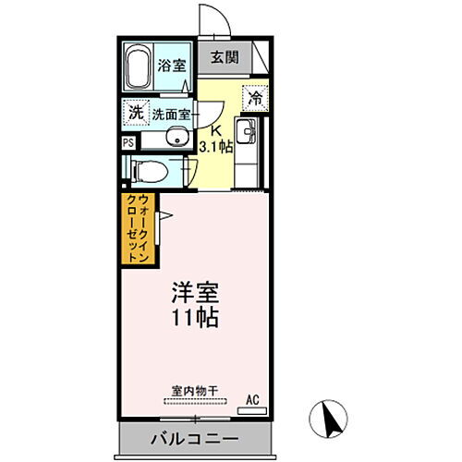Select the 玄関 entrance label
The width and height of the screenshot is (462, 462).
pos(224,57)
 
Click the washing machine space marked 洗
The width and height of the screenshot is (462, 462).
pos(136,111)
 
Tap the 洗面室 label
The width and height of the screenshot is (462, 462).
pos(172,115)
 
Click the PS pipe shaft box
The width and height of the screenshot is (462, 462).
pos(128,144)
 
